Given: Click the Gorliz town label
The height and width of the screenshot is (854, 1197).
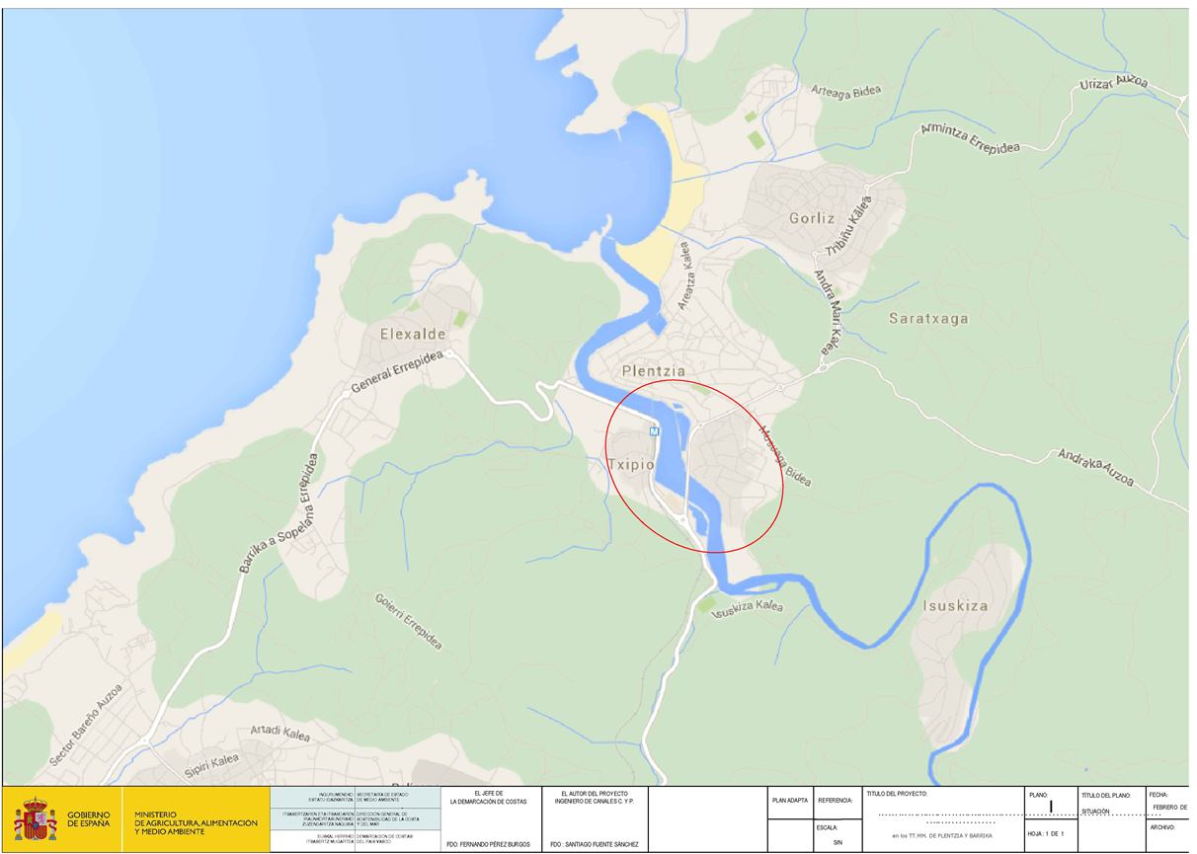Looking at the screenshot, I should [x=812, y=218].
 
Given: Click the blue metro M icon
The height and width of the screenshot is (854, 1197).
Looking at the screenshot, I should [x=654, y=431].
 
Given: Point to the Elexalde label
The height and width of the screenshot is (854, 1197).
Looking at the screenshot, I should [x=413, y=334].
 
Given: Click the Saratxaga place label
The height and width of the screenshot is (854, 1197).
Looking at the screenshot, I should [x=928, y=319].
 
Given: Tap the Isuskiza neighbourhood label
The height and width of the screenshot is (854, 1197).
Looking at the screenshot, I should [x=955, y=605].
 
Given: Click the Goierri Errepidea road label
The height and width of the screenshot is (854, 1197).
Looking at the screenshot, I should [x=409, y=620].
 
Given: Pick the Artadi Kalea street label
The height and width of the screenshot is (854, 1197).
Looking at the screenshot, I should [x=279, y=734].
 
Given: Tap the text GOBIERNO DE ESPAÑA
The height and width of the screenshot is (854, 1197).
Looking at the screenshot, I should [x=95, y=819].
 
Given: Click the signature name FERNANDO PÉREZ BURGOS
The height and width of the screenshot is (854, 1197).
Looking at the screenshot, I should [x=488, y=845].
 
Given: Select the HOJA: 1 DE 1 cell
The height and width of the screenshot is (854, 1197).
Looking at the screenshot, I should [x=1048, y=834].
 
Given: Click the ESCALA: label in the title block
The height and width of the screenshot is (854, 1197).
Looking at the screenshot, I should [x=828, y=827].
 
